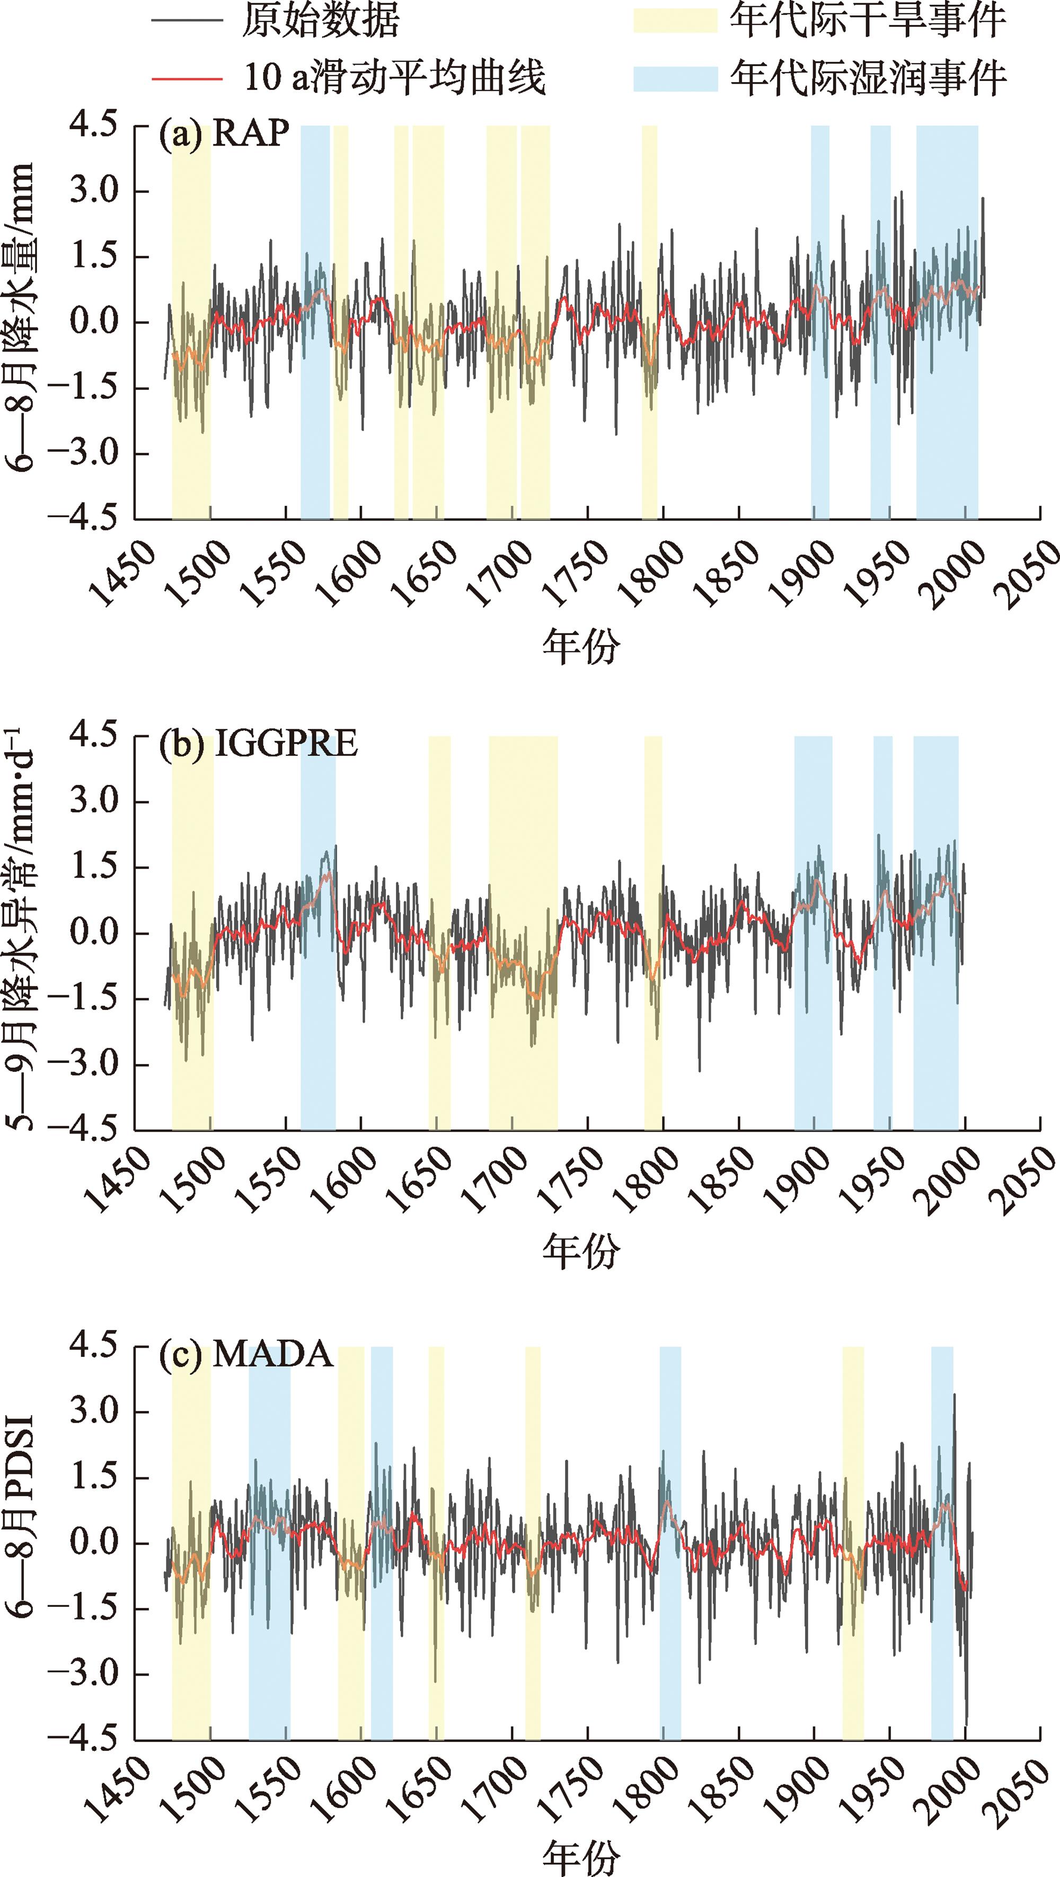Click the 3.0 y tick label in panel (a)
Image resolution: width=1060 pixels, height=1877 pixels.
pos(93,191)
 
